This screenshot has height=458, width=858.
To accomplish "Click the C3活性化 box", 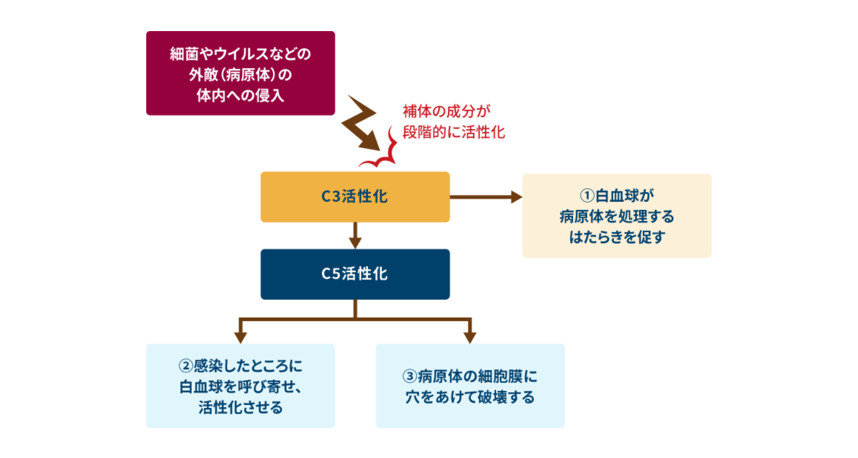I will (355, 197).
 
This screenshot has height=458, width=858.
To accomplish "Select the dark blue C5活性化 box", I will (355, 274).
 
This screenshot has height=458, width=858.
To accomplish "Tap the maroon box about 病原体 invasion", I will (240, 73).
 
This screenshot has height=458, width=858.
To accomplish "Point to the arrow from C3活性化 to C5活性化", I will (355, 236).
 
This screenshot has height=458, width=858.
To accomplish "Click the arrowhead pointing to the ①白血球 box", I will (516, 197).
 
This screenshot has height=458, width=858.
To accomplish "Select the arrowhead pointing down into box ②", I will (241, 337).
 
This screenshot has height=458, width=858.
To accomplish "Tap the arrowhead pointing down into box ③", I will (470, 337).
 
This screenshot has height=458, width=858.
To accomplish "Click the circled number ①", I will (587, 196).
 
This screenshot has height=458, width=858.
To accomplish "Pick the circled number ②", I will (186, 366).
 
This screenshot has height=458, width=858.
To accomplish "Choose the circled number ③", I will (409, 377).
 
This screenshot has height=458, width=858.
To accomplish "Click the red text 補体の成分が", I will (446, 111).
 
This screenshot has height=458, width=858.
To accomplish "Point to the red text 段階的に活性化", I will (454, 132).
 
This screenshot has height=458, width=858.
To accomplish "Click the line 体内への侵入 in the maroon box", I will (240, 96).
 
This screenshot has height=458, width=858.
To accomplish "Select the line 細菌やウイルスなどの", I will (240, 54).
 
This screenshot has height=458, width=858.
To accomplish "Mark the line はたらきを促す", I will (617, 237).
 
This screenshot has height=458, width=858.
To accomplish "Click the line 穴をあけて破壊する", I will (470, 397).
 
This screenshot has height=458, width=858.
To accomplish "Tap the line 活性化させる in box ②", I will (240, 407).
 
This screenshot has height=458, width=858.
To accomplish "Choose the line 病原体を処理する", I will (617, 216).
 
